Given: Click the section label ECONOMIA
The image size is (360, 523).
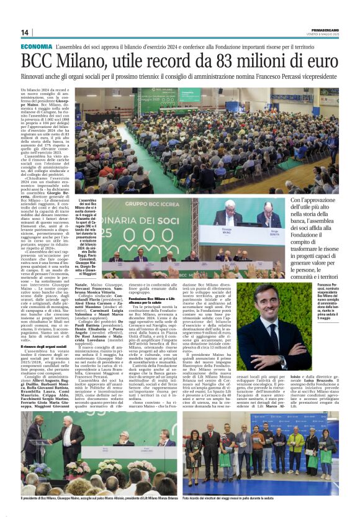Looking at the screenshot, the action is tap(36, 47).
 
